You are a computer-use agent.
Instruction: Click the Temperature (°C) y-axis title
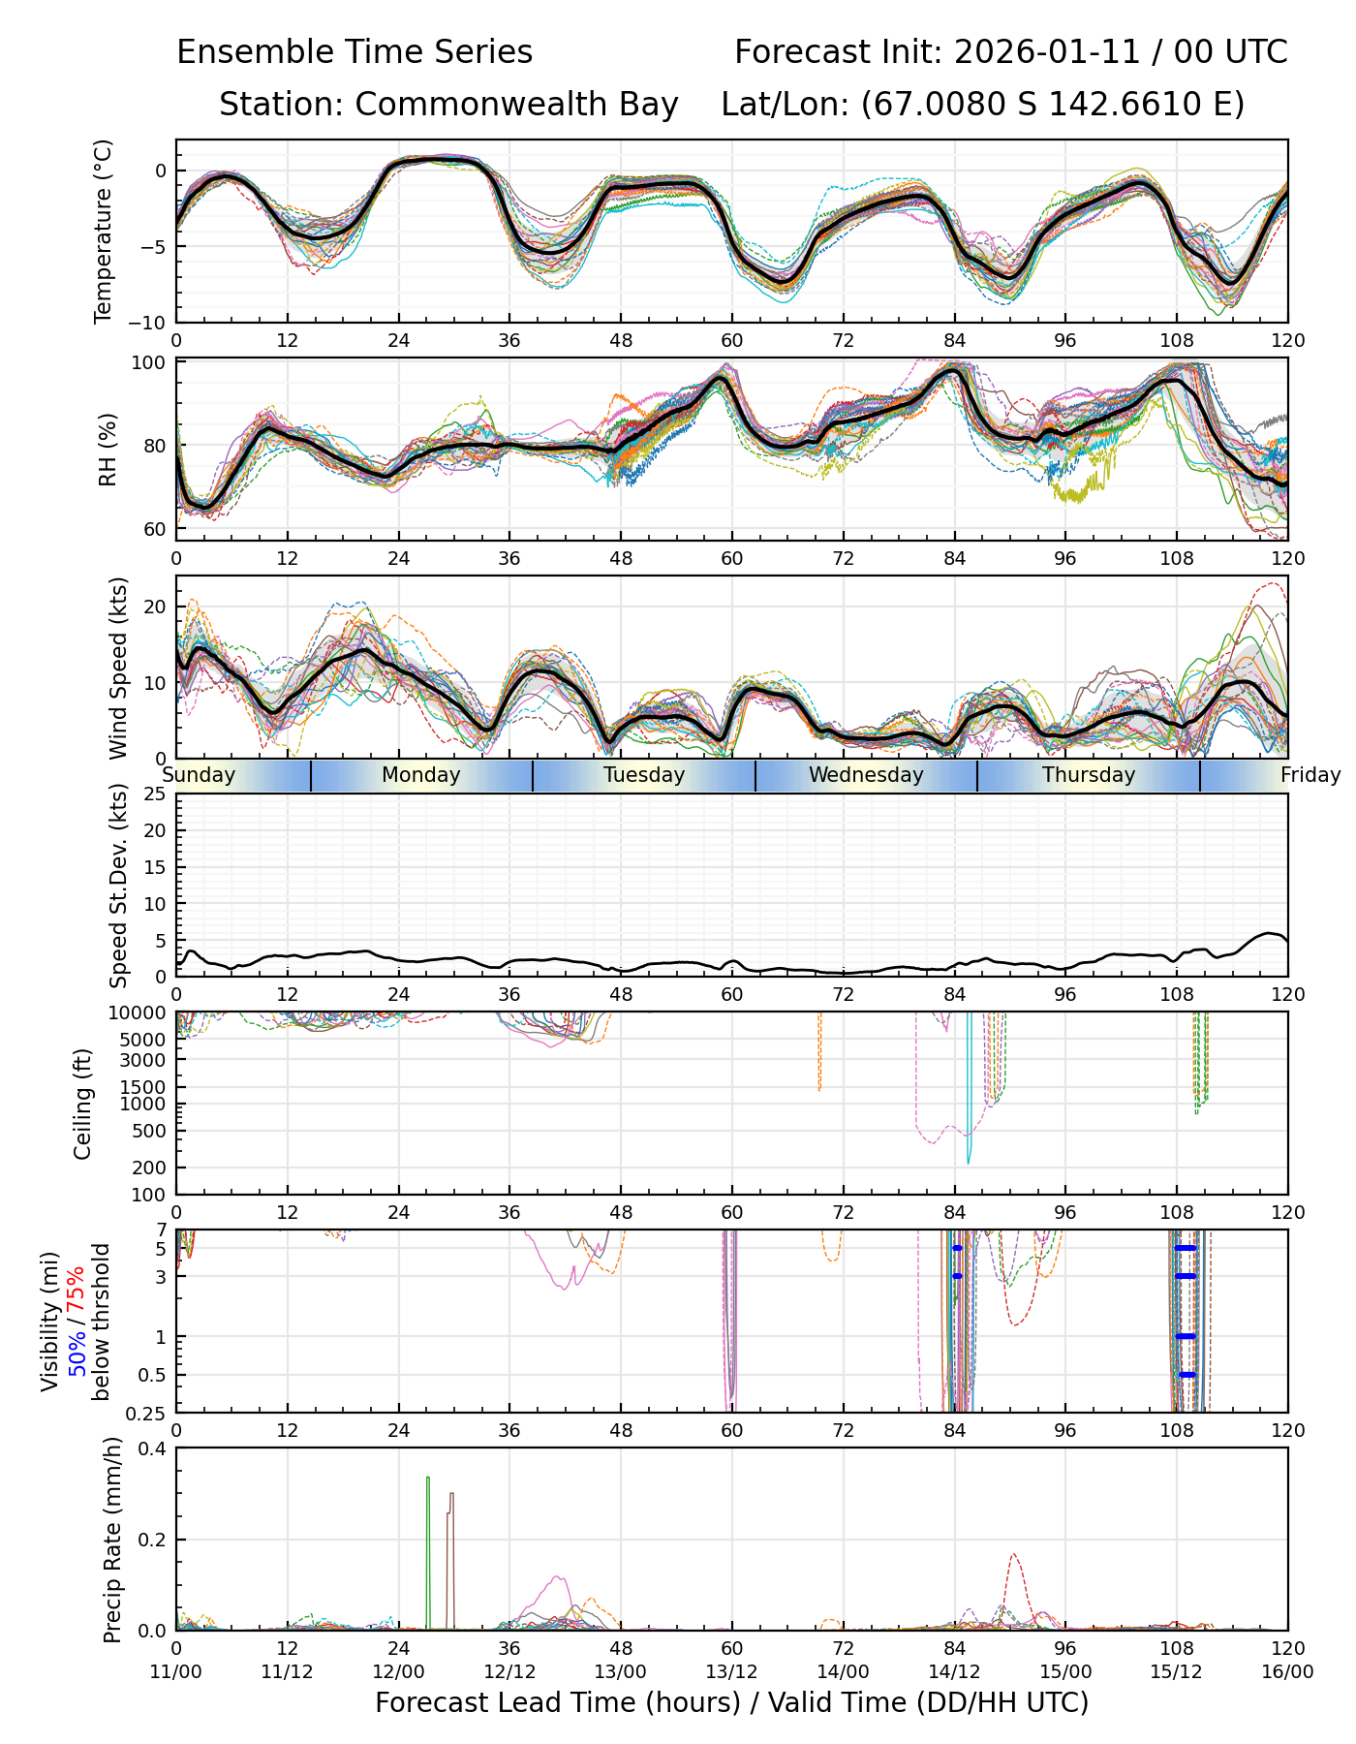point(103,231)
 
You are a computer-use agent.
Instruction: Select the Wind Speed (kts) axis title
point(118,668)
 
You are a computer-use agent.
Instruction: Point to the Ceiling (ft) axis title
point(83,1104)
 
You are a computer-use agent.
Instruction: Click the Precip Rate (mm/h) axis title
point(113,1540)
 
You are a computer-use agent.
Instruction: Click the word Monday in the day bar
point(420,775)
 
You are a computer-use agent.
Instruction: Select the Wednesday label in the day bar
point(866,775)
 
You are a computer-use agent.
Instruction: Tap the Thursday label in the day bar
point(1089,775)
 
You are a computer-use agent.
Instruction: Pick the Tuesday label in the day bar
point(644,775)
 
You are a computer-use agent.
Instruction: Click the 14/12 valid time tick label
point(955,1672)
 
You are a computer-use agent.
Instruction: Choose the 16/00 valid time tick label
point(1287,1672)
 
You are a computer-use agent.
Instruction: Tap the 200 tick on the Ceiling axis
point(150,1168)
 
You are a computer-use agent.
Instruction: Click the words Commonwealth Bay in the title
point(516,105)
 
